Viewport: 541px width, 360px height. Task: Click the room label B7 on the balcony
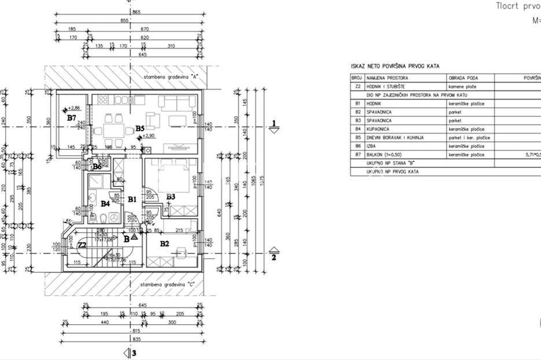(71, 118)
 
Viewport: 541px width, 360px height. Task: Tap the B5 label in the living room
(139, 128)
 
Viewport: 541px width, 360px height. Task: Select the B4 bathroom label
(105, 204)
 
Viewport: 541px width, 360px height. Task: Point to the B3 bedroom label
(170, 197)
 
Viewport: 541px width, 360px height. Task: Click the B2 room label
(164, 244)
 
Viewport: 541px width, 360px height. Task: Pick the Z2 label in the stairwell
(82, 245)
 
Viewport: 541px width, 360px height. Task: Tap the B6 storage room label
(97, 167)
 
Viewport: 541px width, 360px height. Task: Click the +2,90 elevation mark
(149, 137)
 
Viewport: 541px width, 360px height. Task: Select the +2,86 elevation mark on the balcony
(73, 108)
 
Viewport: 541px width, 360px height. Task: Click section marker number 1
(275, 123)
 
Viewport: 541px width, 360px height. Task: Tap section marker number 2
(275, 258)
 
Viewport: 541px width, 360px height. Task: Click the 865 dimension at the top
(137, 12)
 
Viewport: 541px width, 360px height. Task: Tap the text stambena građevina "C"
(167, 285)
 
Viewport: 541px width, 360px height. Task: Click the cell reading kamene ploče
(462, 86)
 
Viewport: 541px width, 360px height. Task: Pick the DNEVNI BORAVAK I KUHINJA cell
(395, 138)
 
